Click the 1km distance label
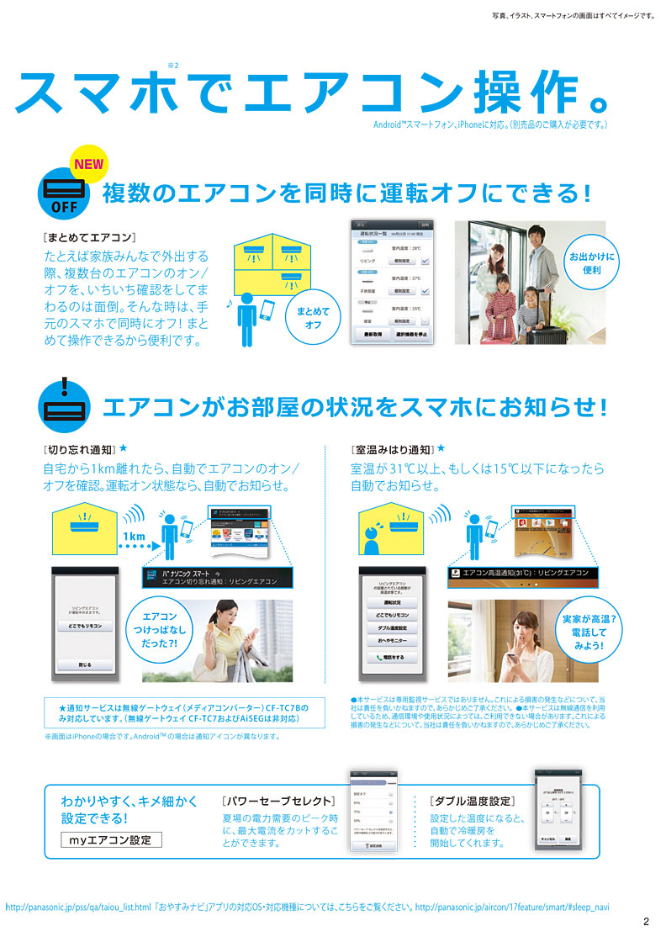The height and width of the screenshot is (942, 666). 134,536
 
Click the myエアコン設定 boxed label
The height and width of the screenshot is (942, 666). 112,839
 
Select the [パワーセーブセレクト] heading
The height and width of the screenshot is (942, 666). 278,801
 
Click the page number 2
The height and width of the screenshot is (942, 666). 646,922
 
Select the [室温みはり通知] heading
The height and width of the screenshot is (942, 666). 392,449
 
